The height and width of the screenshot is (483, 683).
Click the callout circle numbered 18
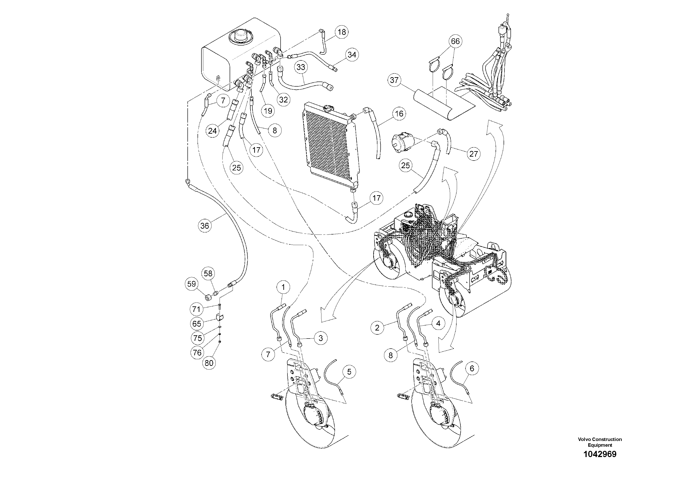342,32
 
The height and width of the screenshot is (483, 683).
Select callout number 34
352,55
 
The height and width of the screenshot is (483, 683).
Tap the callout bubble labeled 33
301,67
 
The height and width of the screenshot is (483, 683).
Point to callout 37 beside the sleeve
394,80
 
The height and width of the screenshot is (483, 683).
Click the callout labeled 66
455,41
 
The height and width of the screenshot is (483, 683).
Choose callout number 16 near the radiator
399,113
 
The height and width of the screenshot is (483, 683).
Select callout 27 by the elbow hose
473,154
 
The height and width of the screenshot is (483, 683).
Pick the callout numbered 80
209,363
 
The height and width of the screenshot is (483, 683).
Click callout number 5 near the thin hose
349,372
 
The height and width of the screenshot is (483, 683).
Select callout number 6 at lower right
472,369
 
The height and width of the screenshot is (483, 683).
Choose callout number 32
283,100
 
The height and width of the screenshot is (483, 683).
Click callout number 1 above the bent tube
283,287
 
